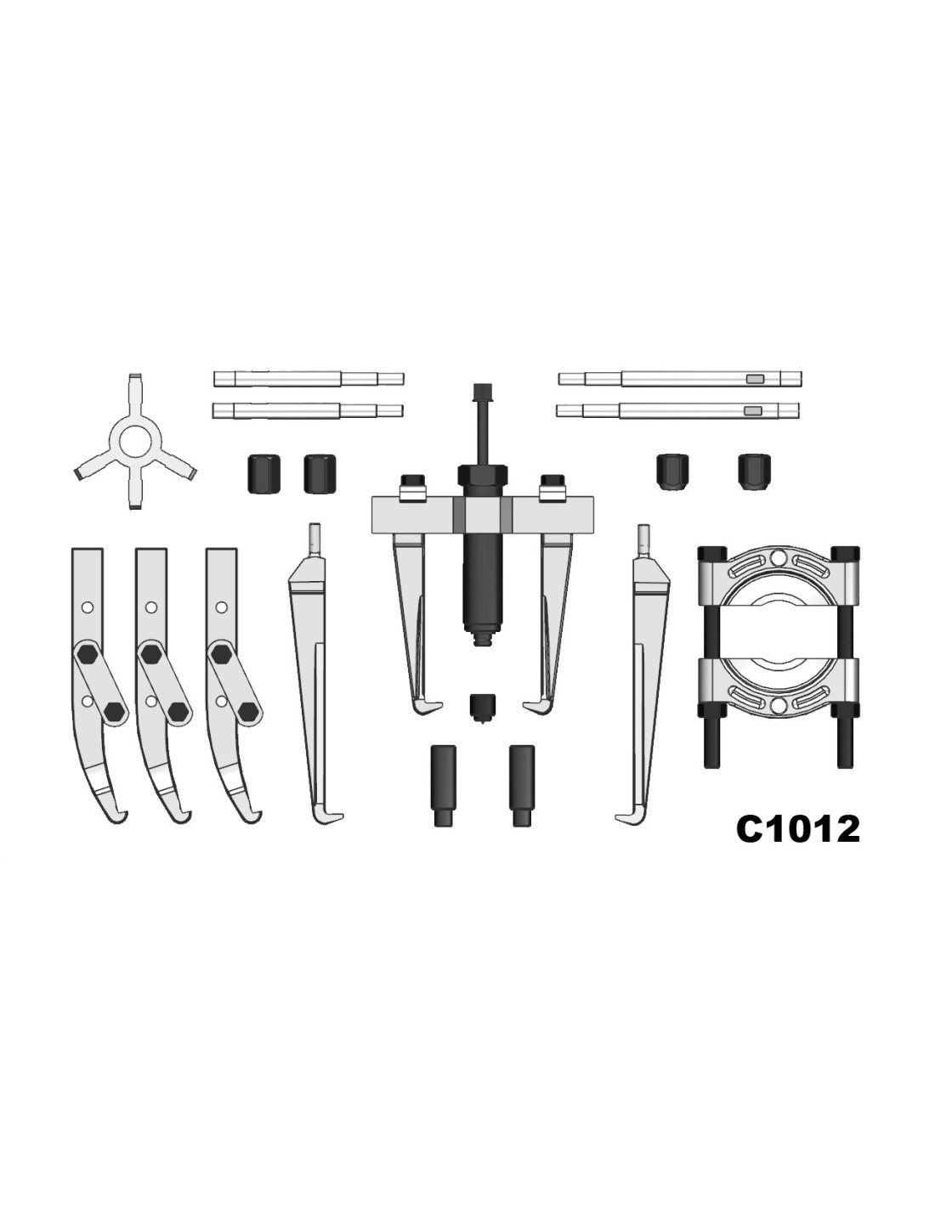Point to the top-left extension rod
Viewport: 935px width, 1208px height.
pos(309,379)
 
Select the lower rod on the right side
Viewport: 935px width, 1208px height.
pos(677,410)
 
